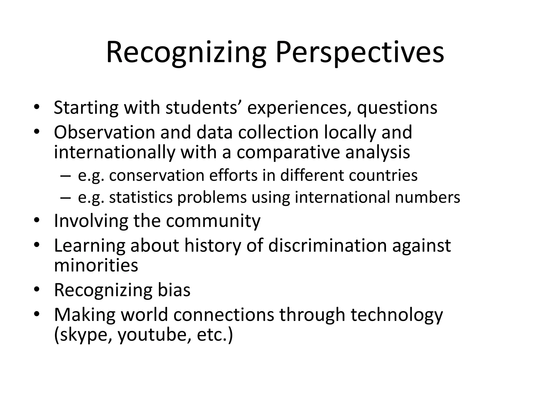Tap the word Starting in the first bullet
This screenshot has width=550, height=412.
86,108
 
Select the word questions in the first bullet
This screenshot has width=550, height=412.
397,108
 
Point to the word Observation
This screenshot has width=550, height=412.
104,132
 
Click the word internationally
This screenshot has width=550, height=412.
114,152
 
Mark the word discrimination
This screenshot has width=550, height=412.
327,245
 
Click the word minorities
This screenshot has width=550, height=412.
96,265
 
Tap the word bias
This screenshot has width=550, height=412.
174,290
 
